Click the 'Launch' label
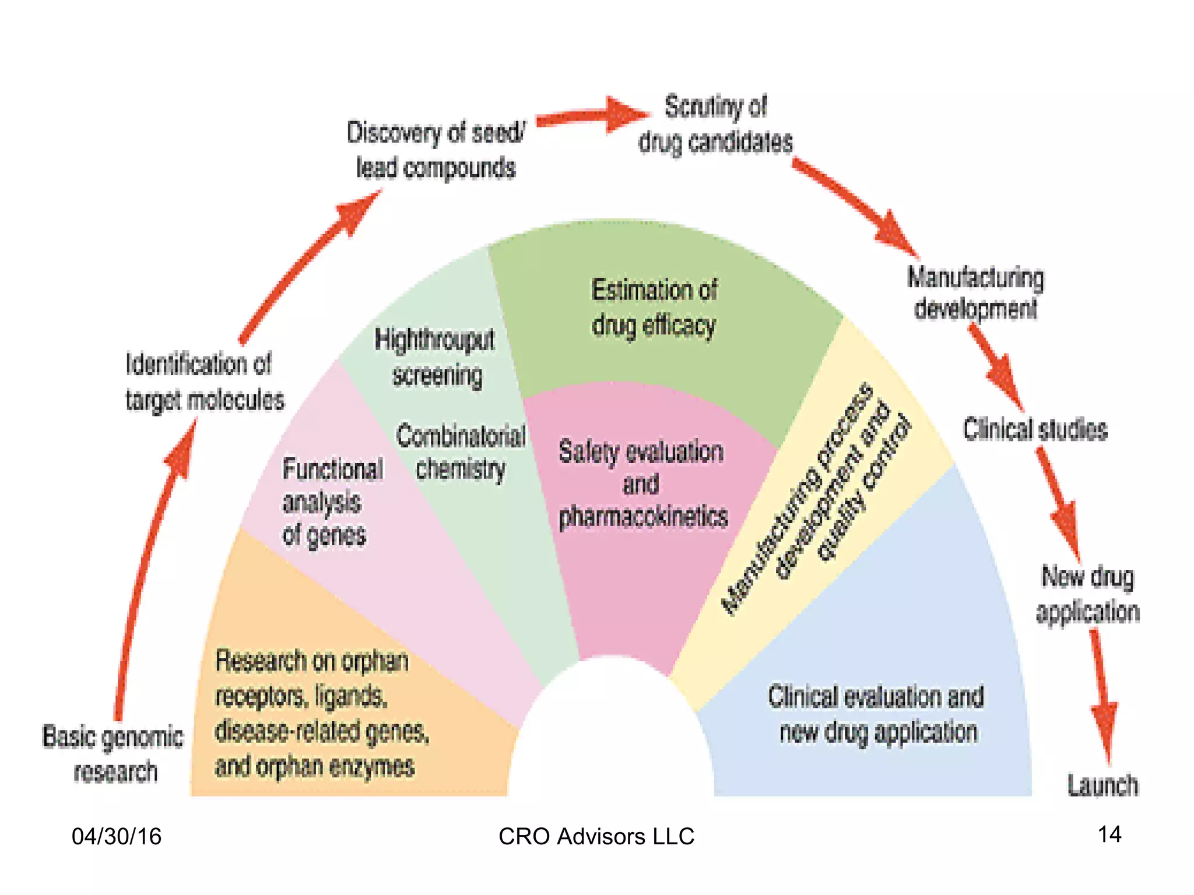click(x=1102, y=785)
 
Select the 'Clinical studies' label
click(x=1035, y=430)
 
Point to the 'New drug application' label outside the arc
click(x=1088, y=594)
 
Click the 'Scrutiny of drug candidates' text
click(x=716, y=125)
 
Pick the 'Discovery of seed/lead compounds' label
click(x=436, y=150)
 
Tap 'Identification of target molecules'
click(x=204, y=382)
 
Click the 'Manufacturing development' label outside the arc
click(x=975, y=293)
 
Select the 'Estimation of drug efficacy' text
click(x=654, y=308)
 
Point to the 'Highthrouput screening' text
click(x=435, y=357)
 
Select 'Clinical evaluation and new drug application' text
click(x=876, y=714)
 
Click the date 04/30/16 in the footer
click(x=117, y=836)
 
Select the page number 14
click(x=1109, y=834)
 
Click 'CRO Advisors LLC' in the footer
click(x=596, y=836)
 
